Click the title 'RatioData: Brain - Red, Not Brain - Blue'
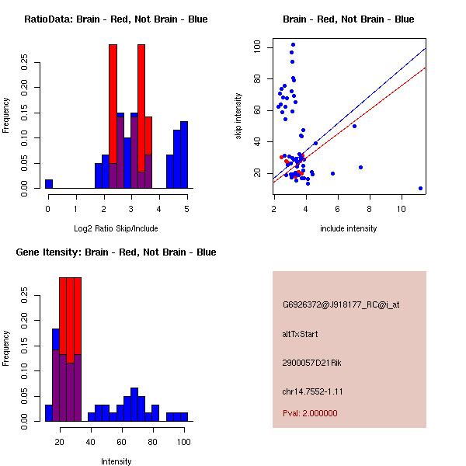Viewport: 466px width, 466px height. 116,19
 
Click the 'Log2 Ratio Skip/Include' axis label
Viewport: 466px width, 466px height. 116,228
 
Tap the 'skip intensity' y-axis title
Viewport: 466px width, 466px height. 239,116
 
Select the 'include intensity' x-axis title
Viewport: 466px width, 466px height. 349,228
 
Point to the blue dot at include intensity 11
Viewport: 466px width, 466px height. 420,188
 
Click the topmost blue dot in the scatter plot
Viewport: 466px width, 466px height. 293,45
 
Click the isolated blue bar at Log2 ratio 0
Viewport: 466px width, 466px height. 49,183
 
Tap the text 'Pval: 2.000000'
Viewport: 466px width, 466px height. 310,413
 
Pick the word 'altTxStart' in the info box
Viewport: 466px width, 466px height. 301,334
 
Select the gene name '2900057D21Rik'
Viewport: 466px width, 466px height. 308,363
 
